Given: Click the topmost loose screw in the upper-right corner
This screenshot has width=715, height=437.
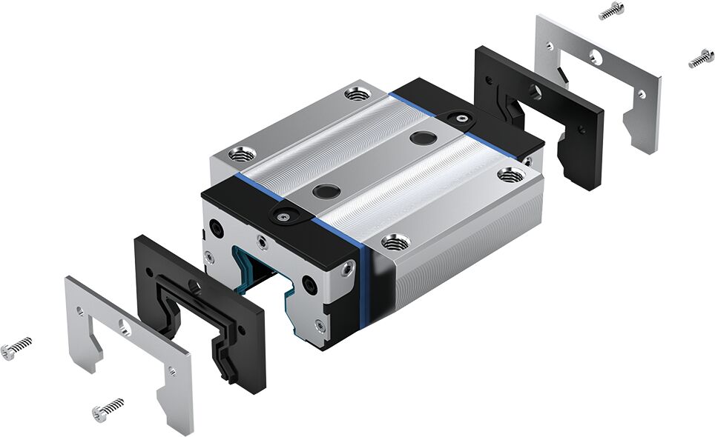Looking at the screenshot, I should [x=611, y=11].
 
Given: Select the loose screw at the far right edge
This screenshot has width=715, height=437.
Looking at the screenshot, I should [x=700, y=59].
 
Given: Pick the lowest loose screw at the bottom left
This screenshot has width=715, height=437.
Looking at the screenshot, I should [x=108, y=408].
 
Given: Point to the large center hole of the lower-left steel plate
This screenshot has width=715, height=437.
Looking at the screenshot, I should [x=122, y=326].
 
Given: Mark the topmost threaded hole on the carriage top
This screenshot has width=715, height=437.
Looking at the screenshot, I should [x=355, y=94].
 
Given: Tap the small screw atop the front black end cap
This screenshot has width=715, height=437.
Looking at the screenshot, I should [x=283, y=216].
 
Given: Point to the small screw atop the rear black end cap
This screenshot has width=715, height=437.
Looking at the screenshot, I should [x=461, y=117].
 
